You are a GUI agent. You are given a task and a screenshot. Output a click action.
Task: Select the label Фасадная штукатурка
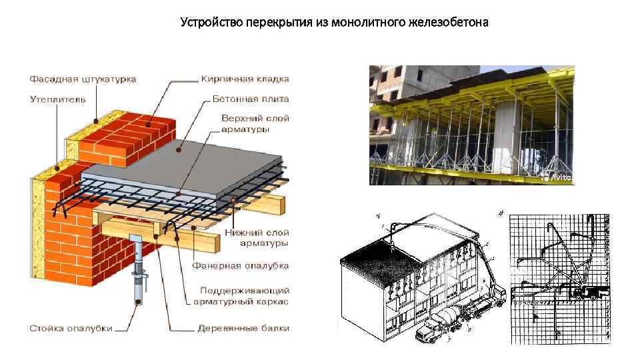[x=83, y=79]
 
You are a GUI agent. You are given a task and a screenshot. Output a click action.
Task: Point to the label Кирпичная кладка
[x=245, y=79]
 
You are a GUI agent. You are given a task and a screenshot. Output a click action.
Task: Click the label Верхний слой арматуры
[x=254, y=123]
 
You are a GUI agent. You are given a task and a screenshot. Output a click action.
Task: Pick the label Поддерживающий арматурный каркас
[x=245, y=297]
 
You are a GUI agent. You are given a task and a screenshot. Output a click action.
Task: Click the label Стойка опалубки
[x=70, y=328]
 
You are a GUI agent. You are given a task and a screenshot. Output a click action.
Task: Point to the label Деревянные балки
[x=243, y=328]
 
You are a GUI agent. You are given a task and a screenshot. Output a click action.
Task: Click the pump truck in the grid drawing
[x=587, y=292]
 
